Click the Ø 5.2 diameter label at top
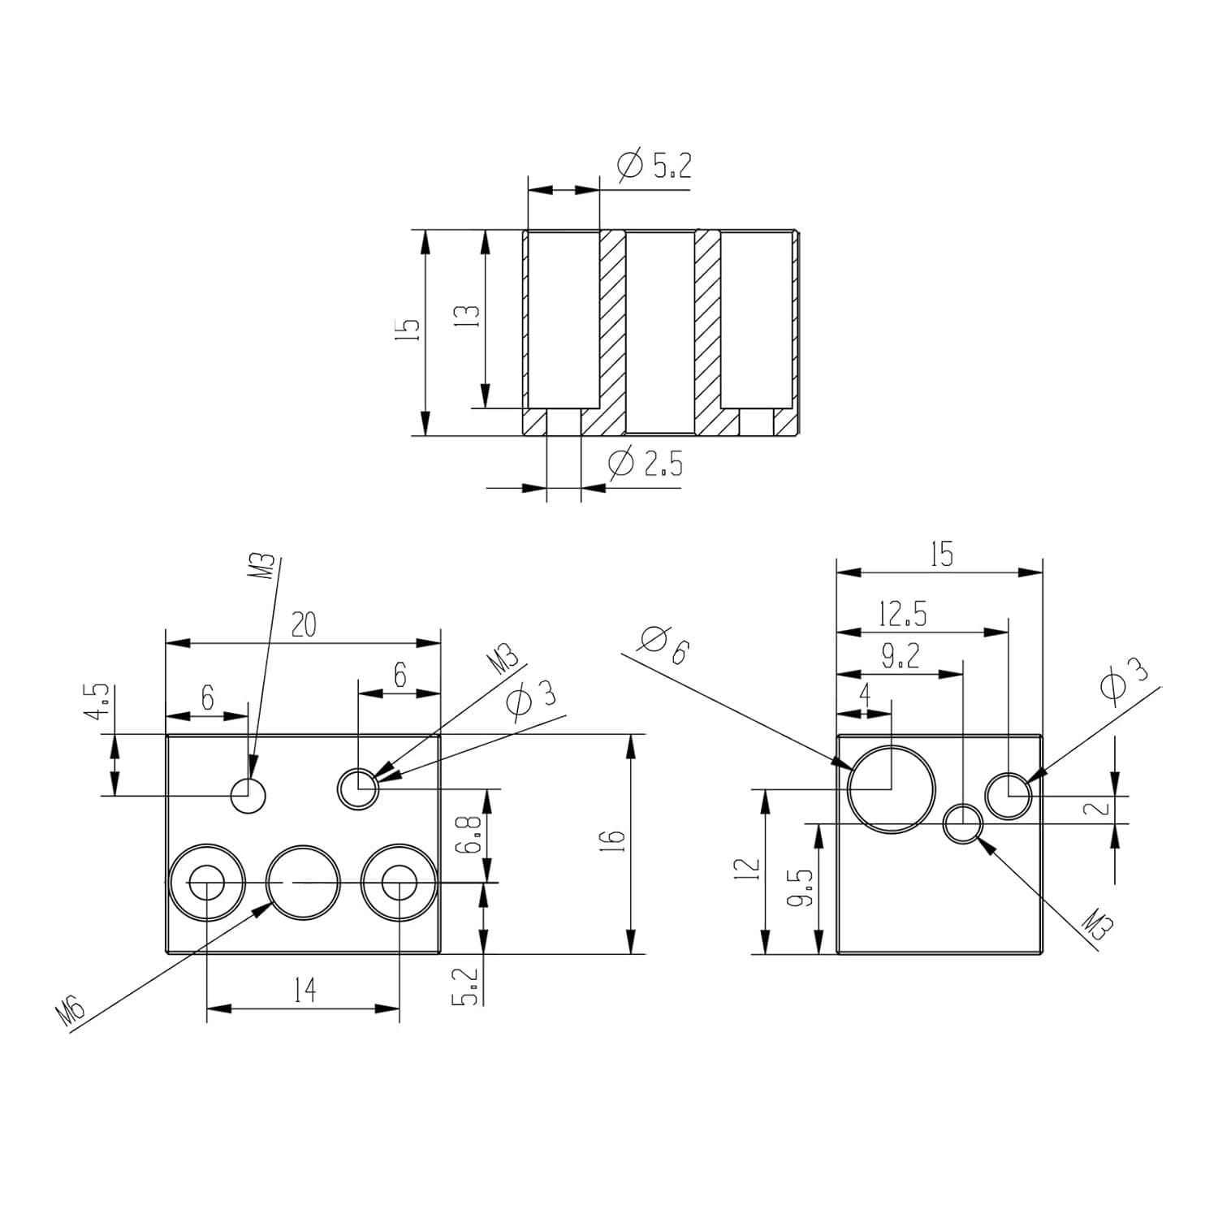(654, 166)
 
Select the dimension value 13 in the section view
(472, 315)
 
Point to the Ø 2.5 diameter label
(646, 464)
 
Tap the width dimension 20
(303, 625)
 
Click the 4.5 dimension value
(98, 701)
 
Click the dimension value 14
(304, 991)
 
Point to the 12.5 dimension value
(901, 615)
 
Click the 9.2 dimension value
(900, 657)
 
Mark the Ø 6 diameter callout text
(663, 646)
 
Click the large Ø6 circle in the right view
(891, 788)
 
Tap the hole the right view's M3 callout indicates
(964, 824)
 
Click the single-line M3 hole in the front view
(248, 795)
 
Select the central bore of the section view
(659, 333)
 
